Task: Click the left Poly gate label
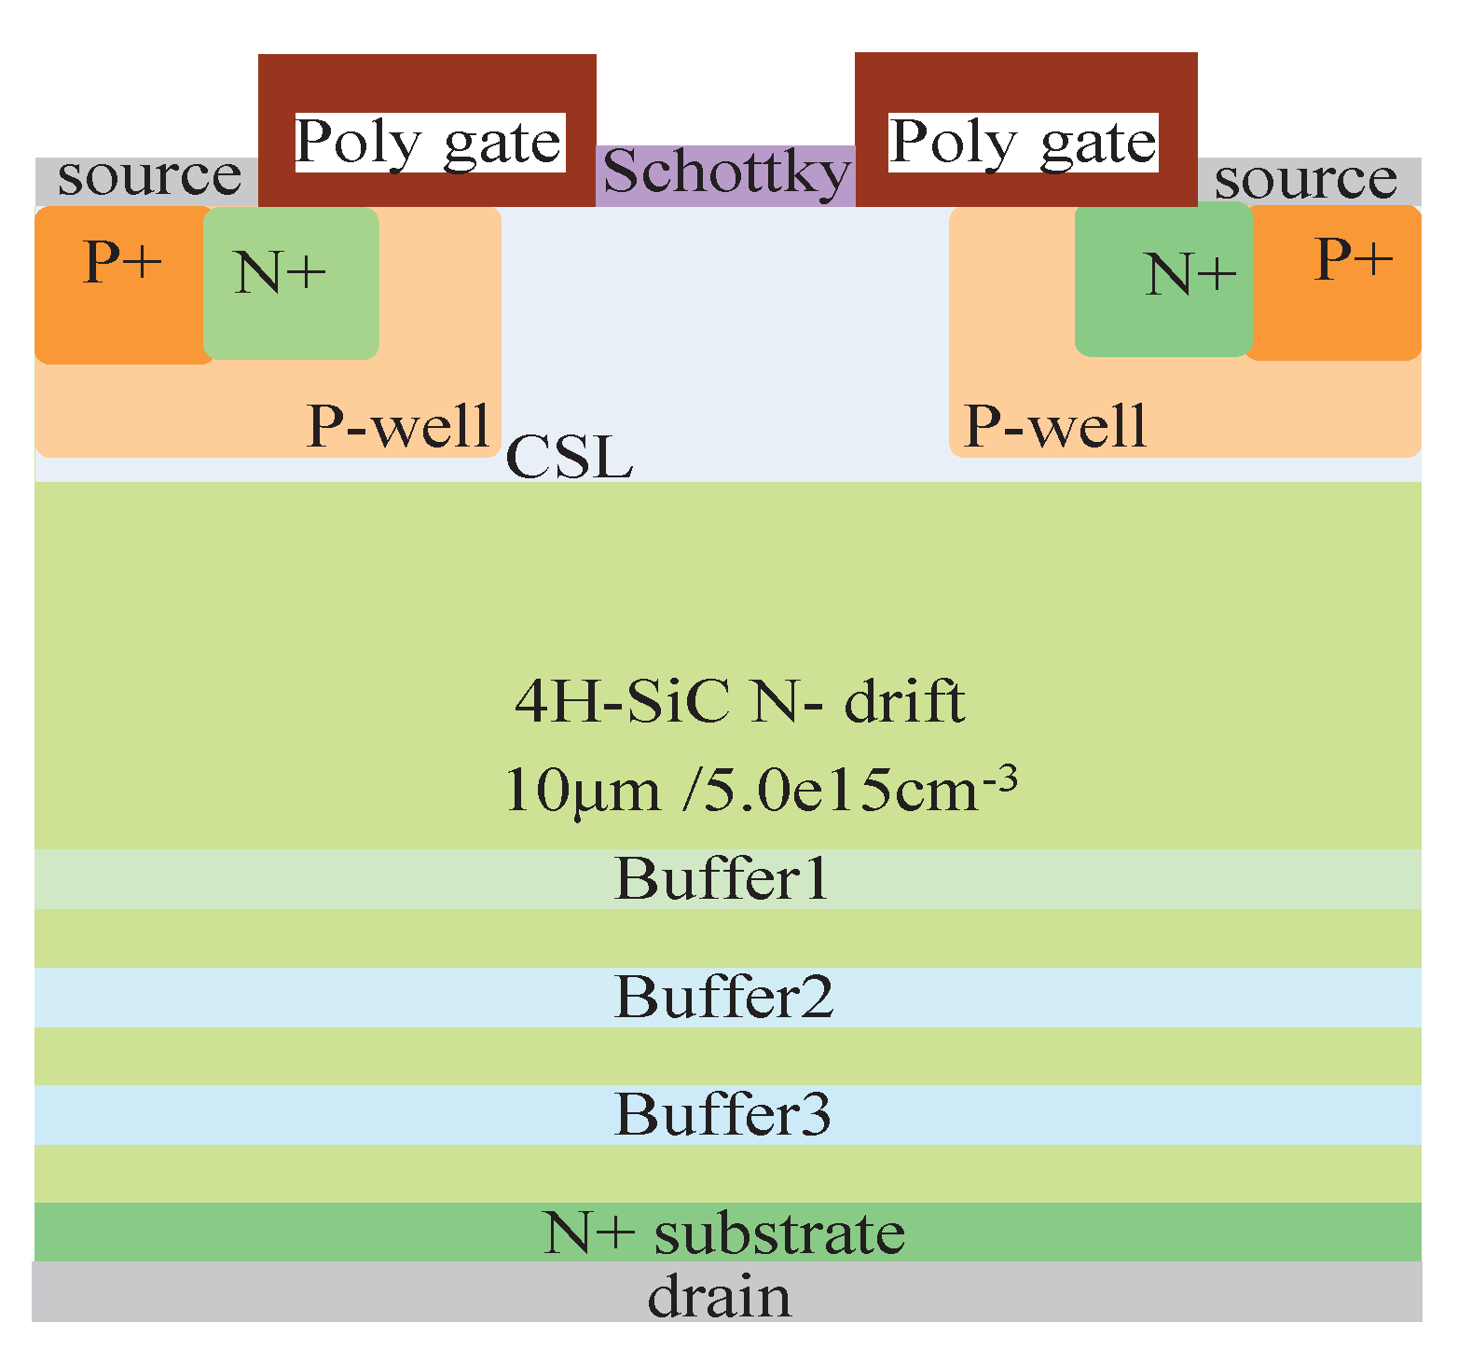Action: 429,143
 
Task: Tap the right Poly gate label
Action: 1023,143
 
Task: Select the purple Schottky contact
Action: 726,174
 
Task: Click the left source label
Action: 149,177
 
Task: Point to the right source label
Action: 1305,180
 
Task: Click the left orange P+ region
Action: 121,284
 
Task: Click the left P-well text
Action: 398,427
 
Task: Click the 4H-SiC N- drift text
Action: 739,702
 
